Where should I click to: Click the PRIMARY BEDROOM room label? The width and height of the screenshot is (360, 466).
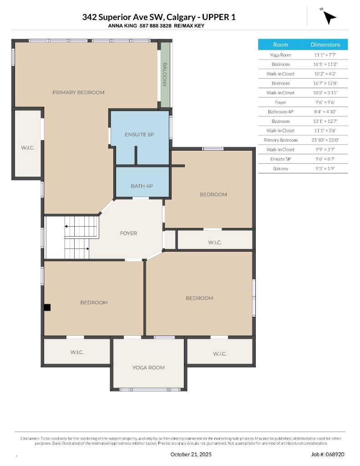tap(78, 92)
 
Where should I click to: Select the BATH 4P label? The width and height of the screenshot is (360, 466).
tap(142, 186)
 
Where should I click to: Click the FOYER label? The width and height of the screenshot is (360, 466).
tap(128, 233)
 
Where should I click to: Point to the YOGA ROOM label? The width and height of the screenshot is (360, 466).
tap(148, 368)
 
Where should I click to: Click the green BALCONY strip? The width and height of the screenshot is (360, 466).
tap(165, 75)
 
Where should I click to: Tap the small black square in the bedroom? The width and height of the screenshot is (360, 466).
tap(47, 308)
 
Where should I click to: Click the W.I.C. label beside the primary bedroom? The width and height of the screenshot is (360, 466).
tap(27, 148)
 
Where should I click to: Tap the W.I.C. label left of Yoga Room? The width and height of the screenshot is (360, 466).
tap(77, 353)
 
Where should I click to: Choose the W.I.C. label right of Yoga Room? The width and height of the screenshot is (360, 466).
tap(219, 354)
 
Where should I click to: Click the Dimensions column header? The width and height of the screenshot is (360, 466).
tap(325, 45)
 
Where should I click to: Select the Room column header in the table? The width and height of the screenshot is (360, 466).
tap(280, 45)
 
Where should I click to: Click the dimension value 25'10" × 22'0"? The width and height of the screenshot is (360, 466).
tap(325, 140)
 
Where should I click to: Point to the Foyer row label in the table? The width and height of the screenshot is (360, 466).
tap(280, 102)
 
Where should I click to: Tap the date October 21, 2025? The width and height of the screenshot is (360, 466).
tap(191, 454)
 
